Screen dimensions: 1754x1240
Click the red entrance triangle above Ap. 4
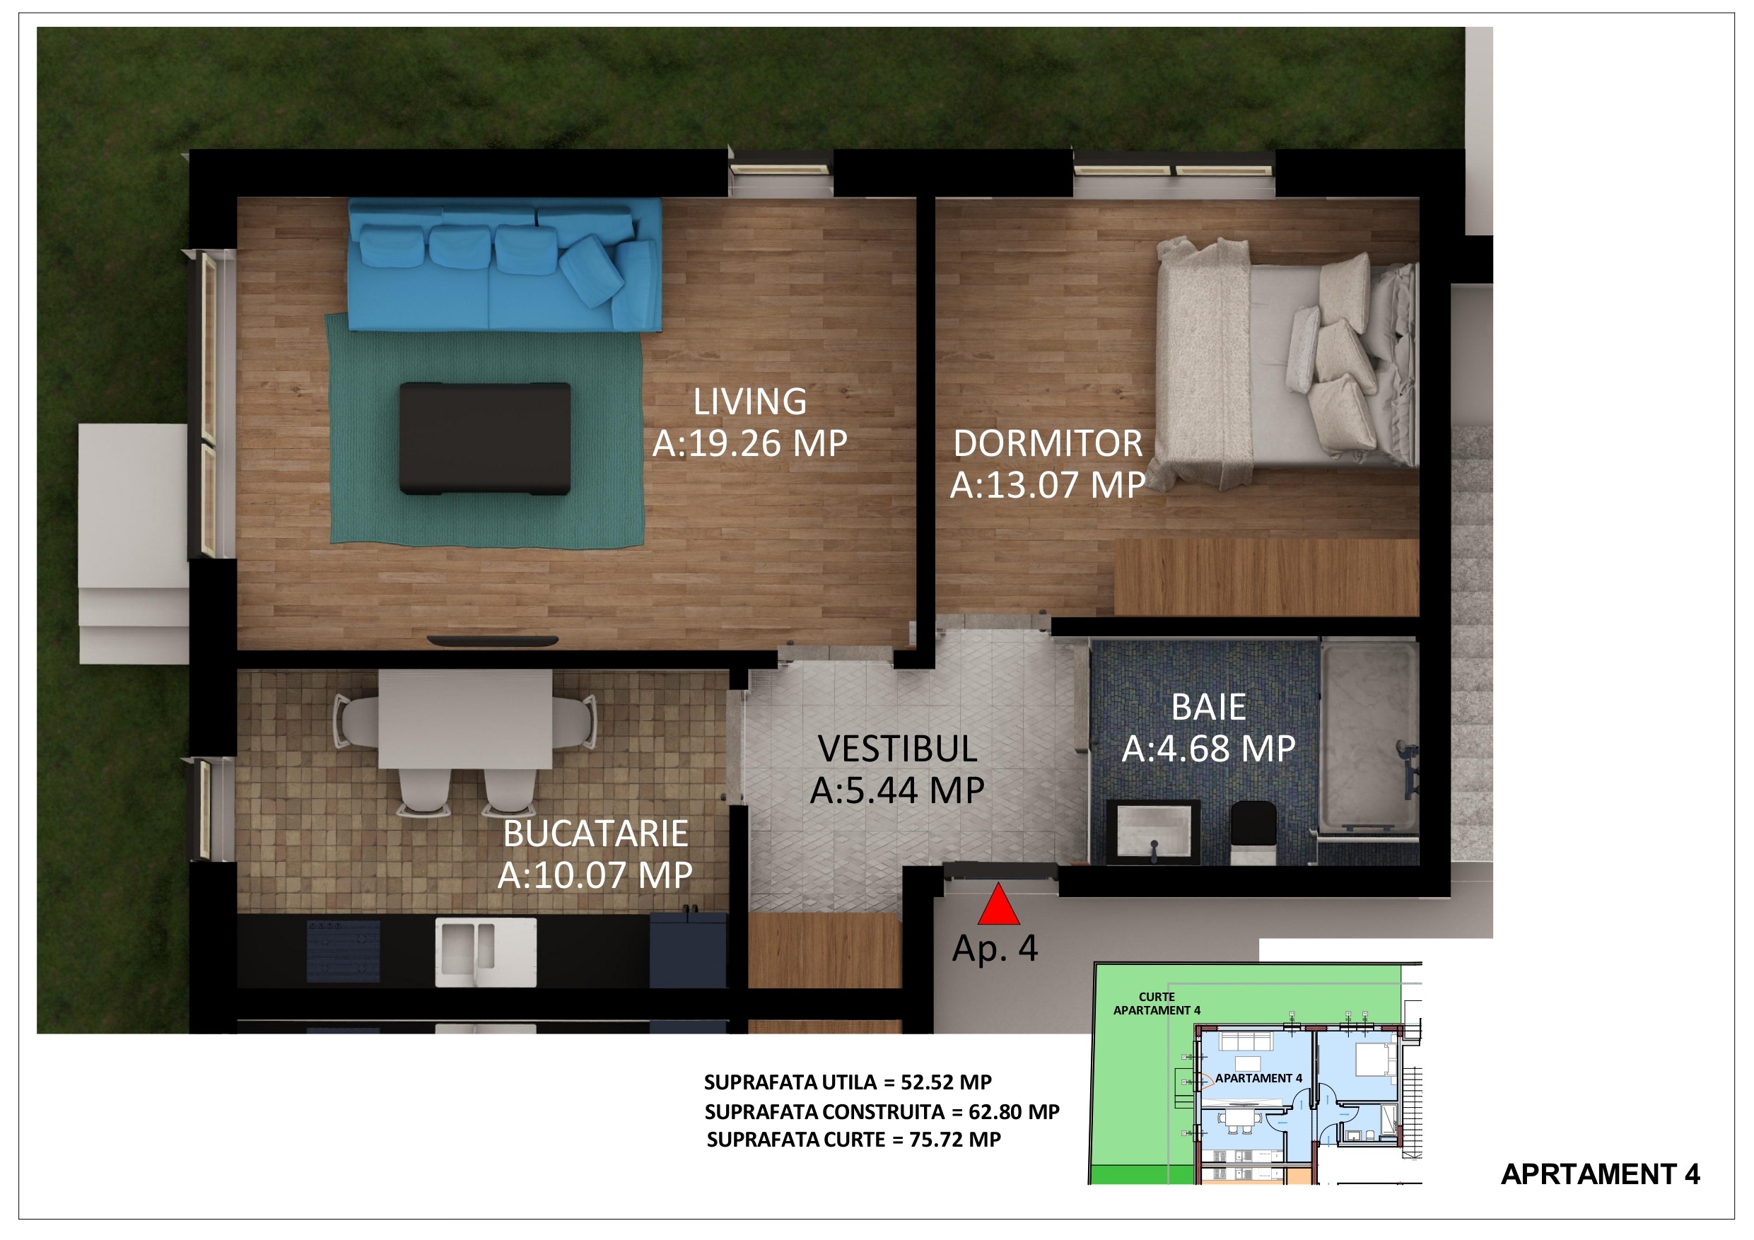(x=998, y=906)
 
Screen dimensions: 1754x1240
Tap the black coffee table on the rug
(x=484, y=438)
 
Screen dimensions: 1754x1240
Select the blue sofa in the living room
(x=505, y=264)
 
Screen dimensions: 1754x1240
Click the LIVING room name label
(x=749, y=402)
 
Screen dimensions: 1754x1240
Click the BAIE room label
(x=1208, y=708)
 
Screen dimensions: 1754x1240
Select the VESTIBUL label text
(x=898, y=749)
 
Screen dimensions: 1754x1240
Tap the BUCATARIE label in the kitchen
(x=595, y=834)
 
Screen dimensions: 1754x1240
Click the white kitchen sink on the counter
(x=486, y=952)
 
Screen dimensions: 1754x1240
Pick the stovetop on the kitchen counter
(x=344, y=950)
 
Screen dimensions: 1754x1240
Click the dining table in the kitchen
(x=465, y=719)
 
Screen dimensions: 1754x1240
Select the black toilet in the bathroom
(x=1253, y=833)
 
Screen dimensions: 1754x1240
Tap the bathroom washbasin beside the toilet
(x=1154, y=833)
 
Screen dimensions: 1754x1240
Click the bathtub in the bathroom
(x=1369, y=737)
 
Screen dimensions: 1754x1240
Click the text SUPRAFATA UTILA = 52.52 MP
(x=848, y=1082)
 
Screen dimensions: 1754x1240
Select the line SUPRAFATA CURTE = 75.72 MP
(x=853, y=1140)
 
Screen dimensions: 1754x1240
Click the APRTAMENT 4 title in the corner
(x=1601, y=1174)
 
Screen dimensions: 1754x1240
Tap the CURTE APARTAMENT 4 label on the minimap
(x=1157, y=1004)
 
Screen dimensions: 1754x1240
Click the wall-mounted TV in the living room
(x=493, y=641)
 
